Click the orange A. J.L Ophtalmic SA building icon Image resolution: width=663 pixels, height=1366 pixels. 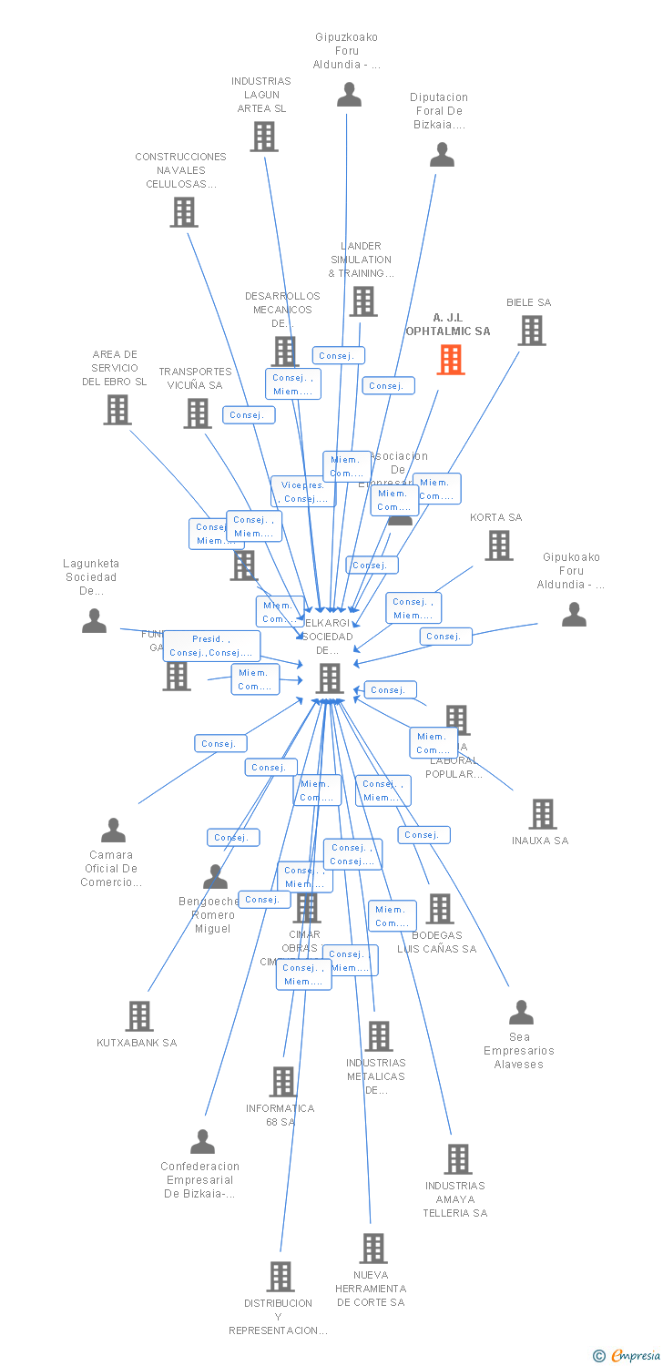[x=451, y=359]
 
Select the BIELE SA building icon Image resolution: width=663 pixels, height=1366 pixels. [x=532, y=331]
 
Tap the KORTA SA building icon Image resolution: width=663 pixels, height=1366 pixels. [x=499, y=545]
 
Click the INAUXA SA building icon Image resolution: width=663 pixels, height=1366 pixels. [x=543, y=814]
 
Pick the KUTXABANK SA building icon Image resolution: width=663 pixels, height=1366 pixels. [x=139, y=1015]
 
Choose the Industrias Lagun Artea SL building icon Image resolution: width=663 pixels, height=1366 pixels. [x=264, y=137]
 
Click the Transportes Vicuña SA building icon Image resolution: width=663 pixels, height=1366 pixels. [x=198, y=413]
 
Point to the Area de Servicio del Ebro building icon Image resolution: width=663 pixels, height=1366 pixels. [x=117, y=409]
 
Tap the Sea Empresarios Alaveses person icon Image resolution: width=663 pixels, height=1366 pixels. [x=521, y=1013]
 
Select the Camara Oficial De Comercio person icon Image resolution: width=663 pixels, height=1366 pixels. [x=113, y=831]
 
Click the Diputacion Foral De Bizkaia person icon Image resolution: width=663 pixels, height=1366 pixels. [x=442, y=155]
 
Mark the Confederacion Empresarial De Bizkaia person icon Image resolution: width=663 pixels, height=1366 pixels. [x=202, y=1142]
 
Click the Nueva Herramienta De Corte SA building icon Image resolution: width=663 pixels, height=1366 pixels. [x=373, y=1248]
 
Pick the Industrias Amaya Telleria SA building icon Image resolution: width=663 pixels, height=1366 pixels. [x=458, y=1159]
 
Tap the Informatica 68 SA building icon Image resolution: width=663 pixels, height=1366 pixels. [x=283, y=1082]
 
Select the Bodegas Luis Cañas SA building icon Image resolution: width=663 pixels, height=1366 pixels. [x=440, y=908]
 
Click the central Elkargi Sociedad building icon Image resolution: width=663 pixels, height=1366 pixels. [x=329, y=678]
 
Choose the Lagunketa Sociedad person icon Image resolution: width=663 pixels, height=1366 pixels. [x=94, y=621]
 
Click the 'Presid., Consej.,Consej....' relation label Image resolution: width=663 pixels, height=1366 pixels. [x=211, y=646]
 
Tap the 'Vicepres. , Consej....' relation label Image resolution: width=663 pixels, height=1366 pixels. [x=303, y=492]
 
